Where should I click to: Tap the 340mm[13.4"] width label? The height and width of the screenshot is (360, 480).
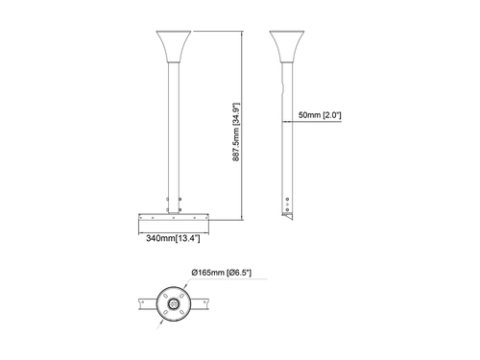tap(173, 236)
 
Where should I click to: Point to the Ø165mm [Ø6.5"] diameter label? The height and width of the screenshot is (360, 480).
tap(222, 274)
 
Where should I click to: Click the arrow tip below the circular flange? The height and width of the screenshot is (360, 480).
tap(160, 324)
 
